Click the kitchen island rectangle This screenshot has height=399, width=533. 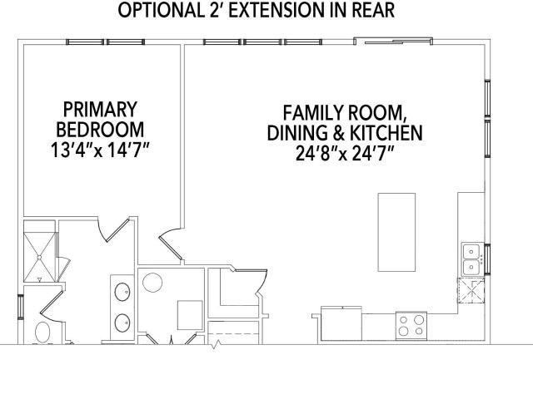396,232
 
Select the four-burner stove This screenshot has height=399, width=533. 411,325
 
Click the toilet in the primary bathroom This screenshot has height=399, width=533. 42,332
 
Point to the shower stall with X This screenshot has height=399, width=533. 40,251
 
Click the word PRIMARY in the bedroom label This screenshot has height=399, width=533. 100,109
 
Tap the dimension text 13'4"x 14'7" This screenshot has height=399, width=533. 100,150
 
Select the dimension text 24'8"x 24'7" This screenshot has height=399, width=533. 345,153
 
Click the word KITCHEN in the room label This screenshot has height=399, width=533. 386,133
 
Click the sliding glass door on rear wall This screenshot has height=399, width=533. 393,42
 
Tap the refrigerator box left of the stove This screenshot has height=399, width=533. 341,323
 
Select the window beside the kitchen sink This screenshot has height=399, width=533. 487,259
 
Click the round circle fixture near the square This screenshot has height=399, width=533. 152,283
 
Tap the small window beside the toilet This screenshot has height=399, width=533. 20,307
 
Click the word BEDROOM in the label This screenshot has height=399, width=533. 100,130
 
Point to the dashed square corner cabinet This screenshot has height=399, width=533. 471,290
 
